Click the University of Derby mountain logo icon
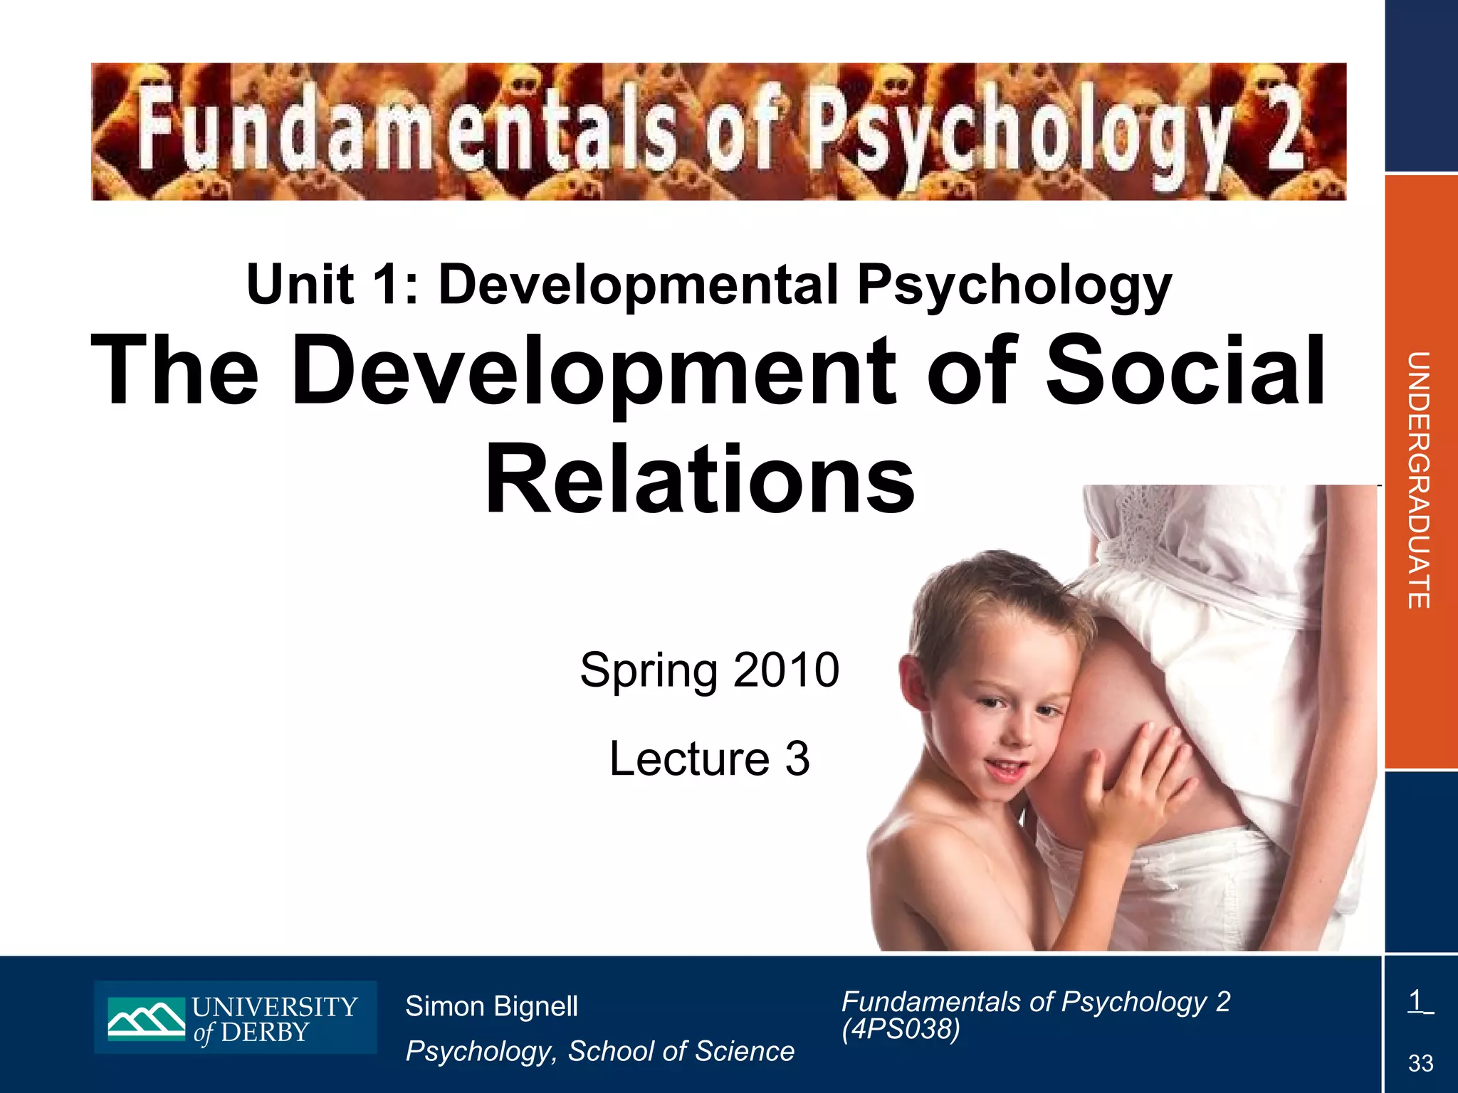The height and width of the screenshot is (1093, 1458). click(146, 1018)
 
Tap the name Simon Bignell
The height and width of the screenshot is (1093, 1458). click(491, 1006)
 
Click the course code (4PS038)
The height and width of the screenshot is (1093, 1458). click(901, 1029)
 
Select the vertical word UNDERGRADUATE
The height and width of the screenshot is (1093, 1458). click(1419, 480)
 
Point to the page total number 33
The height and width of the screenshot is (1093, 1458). click(1420, 1064)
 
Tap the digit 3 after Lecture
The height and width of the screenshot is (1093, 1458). click(797, 759)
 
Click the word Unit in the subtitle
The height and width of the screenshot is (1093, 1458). click(300, 285)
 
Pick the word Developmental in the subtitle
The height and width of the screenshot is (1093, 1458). click(638, 285)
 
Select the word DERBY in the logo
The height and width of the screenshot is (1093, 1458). click(265, 1033)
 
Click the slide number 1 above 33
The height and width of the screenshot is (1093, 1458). click(1415, 1000)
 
